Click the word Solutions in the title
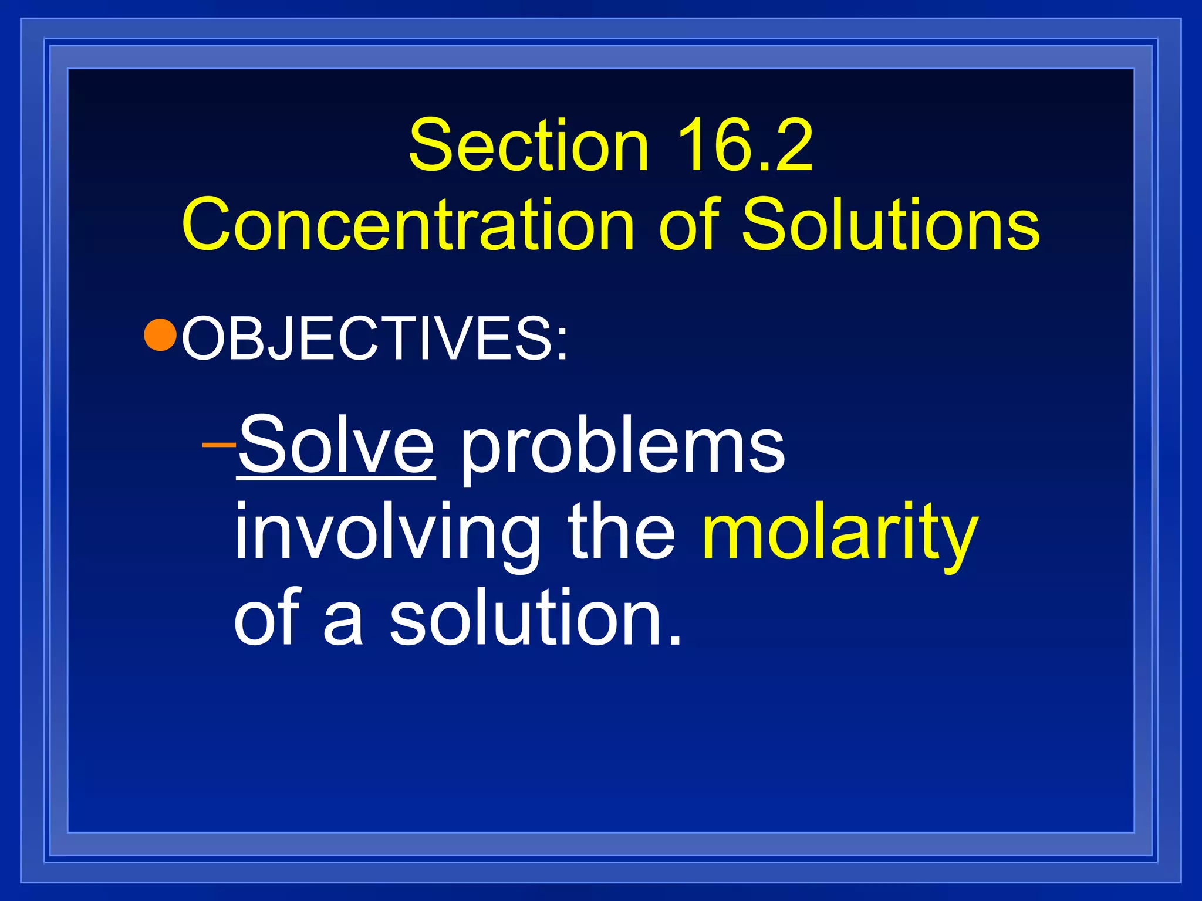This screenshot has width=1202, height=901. click(x=890, y=225)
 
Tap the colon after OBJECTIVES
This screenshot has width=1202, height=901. click(x=562, y=344)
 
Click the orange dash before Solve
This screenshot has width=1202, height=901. click(x=218, y=444)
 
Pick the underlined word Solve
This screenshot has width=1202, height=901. click(x=336, y=444)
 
